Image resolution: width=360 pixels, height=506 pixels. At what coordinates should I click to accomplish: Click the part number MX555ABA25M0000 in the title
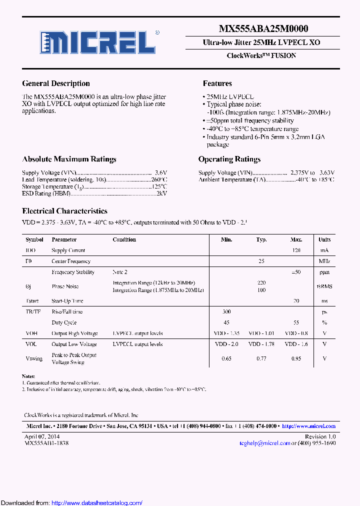263,29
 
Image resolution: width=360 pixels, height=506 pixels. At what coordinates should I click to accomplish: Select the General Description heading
56,83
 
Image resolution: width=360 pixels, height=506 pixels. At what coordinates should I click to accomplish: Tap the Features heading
217,83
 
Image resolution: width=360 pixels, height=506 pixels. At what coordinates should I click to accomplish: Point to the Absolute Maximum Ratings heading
69,159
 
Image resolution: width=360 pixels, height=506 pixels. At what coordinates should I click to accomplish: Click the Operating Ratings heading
229,159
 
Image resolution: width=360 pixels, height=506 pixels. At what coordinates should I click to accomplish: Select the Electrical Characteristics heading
64,211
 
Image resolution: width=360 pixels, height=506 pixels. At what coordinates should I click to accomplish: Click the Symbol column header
34,239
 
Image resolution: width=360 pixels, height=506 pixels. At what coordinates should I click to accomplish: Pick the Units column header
324,239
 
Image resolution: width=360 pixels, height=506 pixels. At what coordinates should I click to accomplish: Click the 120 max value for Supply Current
296,250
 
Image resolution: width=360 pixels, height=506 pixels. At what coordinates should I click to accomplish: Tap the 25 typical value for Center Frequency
261,261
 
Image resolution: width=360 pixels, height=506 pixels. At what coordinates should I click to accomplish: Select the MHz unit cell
324,261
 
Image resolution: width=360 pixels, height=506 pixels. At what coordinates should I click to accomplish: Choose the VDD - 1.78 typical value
261,344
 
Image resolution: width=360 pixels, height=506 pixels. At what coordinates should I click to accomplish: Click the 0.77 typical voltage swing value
261,358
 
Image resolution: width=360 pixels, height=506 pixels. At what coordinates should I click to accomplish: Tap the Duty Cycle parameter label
64,322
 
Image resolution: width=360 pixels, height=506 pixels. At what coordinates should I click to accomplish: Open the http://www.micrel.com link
308,426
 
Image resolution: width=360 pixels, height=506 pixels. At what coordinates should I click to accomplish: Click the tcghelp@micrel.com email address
264,443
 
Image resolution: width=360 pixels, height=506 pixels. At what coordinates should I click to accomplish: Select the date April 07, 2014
42,436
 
